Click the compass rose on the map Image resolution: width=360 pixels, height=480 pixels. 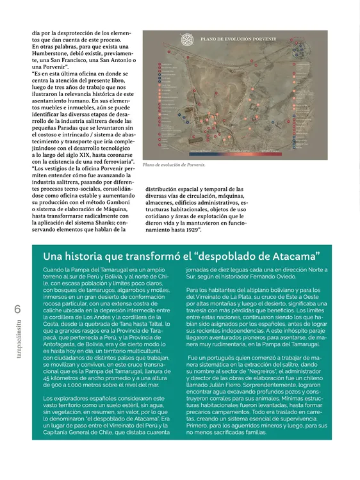[187, 40]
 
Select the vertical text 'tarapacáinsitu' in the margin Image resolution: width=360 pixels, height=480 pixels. [17, 351]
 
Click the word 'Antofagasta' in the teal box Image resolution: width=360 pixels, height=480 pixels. [65, 338]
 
